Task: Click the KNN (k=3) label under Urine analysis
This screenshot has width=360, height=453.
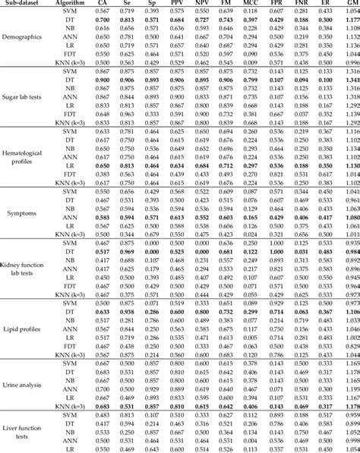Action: pyautogui.click(x=74, y=405)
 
